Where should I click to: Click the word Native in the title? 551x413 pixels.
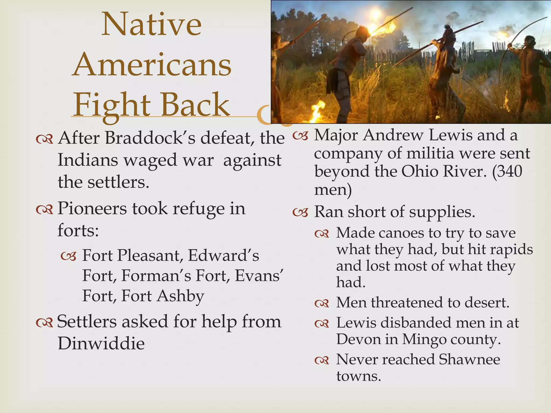[151, 25]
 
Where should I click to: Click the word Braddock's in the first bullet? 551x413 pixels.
[150, 138]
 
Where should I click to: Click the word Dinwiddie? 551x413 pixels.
[101, 344]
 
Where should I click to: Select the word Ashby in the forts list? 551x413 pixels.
[181, 296]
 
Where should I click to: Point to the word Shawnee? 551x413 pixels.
[469, 359]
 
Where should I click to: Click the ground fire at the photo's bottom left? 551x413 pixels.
[317, 112]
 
